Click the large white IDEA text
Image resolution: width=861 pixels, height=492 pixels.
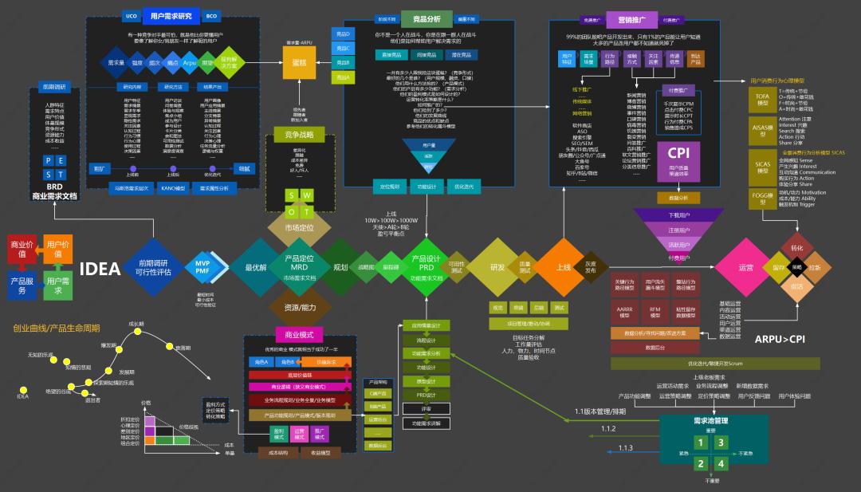point(100,269)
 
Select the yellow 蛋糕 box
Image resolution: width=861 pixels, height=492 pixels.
point(299,63)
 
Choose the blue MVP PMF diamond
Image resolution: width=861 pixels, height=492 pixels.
point(202,267)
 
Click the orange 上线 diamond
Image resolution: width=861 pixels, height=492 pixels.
point(563,267)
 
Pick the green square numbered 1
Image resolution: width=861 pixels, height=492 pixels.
point(701,443)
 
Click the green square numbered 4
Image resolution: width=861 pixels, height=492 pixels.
point(721,463)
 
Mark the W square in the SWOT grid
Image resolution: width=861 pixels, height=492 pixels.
point(308,195)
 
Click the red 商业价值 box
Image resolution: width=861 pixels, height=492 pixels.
point(22,249)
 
